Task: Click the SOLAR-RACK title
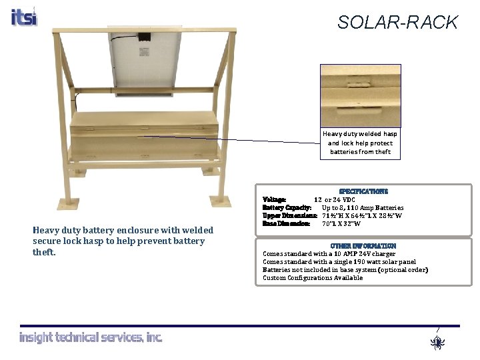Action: coord(397,23)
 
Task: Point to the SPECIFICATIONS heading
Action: coord(363,191)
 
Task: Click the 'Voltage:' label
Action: coord(275,199)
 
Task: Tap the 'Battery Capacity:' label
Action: coord(287,207)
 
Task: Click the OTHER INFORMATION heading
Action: coord(363,246)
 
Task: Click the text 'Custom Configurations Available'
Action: coord(313,278)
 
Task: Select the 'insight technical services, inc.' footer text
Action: coord(91,338)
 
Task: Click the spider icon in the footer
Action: coord(437,343)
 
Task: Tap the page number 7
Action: coord(437,331)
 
